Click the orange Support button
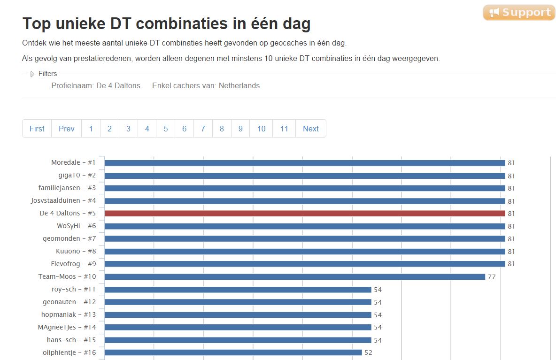[x=519, y=13]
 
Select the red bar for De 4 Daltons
[x=305, y=214]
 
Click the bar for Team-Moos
[x=294, y=277]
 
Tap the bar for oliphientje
[x=233, y=352]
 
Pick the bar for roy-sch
[x=238, y=290]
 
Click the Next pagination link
[x=310, y=129]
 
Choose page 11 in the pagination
[x=284, y=129]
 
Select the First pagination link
[x=37, y=129]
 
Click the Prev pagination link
[x=67, y=129]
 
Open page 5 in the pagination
[x=166, y=129]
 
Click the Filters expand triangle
[x=32, y=74]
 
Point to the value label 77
[x=492, y=277]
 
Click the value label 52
[x=368, y=352]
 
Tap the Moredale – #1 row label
[x=73, y=163]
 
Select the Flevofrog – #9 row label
[x=73, y=264]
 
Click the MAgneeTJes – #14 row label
[x=67, y=327]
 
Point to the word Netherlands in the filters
[x=239, y=86]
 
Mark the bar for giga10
[x=305, y=176]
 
